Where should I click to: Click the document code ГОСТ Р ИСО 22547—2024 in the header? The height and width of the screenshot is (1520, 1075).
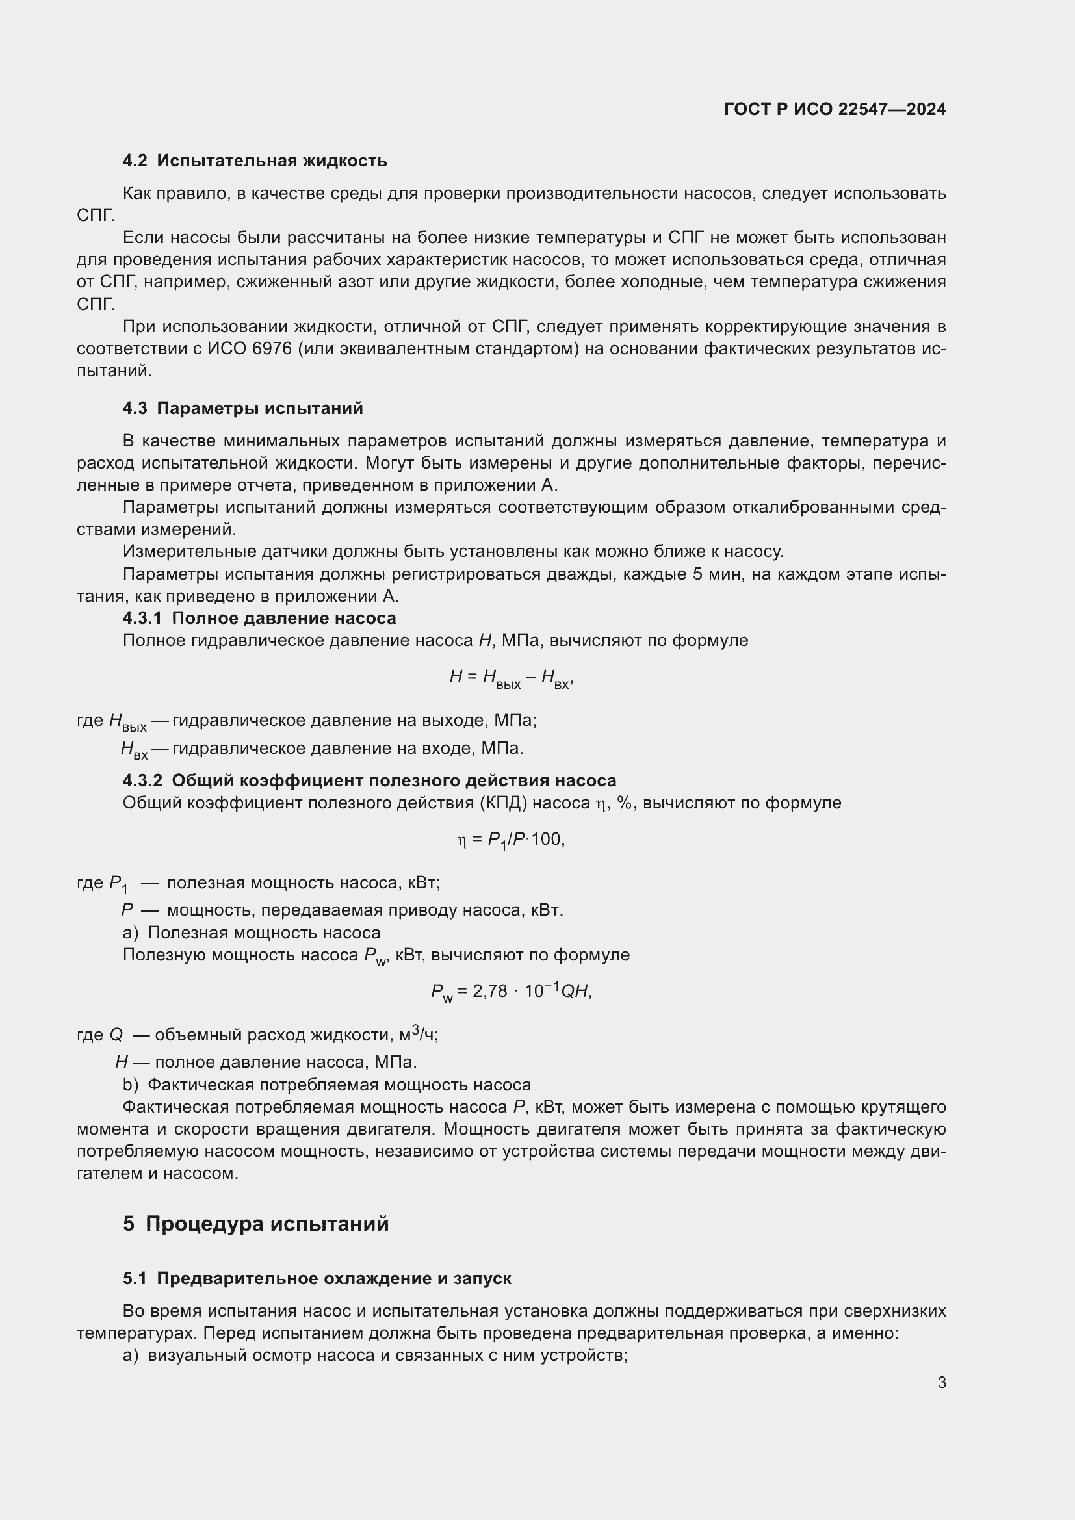[835, 109]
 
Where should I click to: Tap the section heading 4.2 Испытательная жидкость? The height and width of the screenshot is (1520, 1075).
[255, 161]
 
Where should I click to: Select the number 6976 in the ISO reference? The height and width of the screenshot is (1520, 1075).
[272, 348]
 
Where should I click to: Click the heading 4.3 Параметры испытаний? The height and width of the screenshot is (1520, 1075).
[243, 408]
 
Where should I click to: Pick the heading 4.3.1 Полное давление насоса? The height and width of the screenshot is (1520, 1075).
[259, 617]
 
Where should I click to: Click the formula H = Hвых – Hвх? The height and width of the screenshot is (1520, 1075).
[510, 677]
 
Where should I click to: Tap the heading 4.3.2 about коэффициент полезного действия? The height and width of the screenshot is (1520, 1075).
[369, 780]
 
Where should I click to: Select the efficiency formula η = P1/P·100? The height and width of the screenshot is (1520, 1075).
[510, 840]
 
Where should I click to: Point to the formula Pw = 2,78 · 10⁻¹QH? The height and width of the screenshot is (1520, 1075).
[510, 991]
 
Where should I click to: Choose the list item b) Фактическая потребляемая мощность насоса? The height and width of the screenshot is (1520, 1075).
[327, 1085]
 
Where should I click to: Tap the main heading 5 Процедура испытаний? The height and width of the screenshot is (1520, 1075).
[255, 1224]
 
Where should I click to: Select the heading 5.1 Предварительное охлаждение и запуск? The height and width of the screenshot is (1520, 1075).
[317, 1278]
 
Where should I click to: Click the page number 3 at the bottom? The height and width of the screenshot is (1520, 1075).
[941, 1382]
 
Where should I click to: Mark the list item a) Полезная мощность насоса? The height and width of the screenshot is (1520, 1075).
[252, 932]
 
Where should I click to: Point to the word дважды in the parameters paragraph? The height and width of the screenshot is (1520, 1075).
[577, 574]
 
